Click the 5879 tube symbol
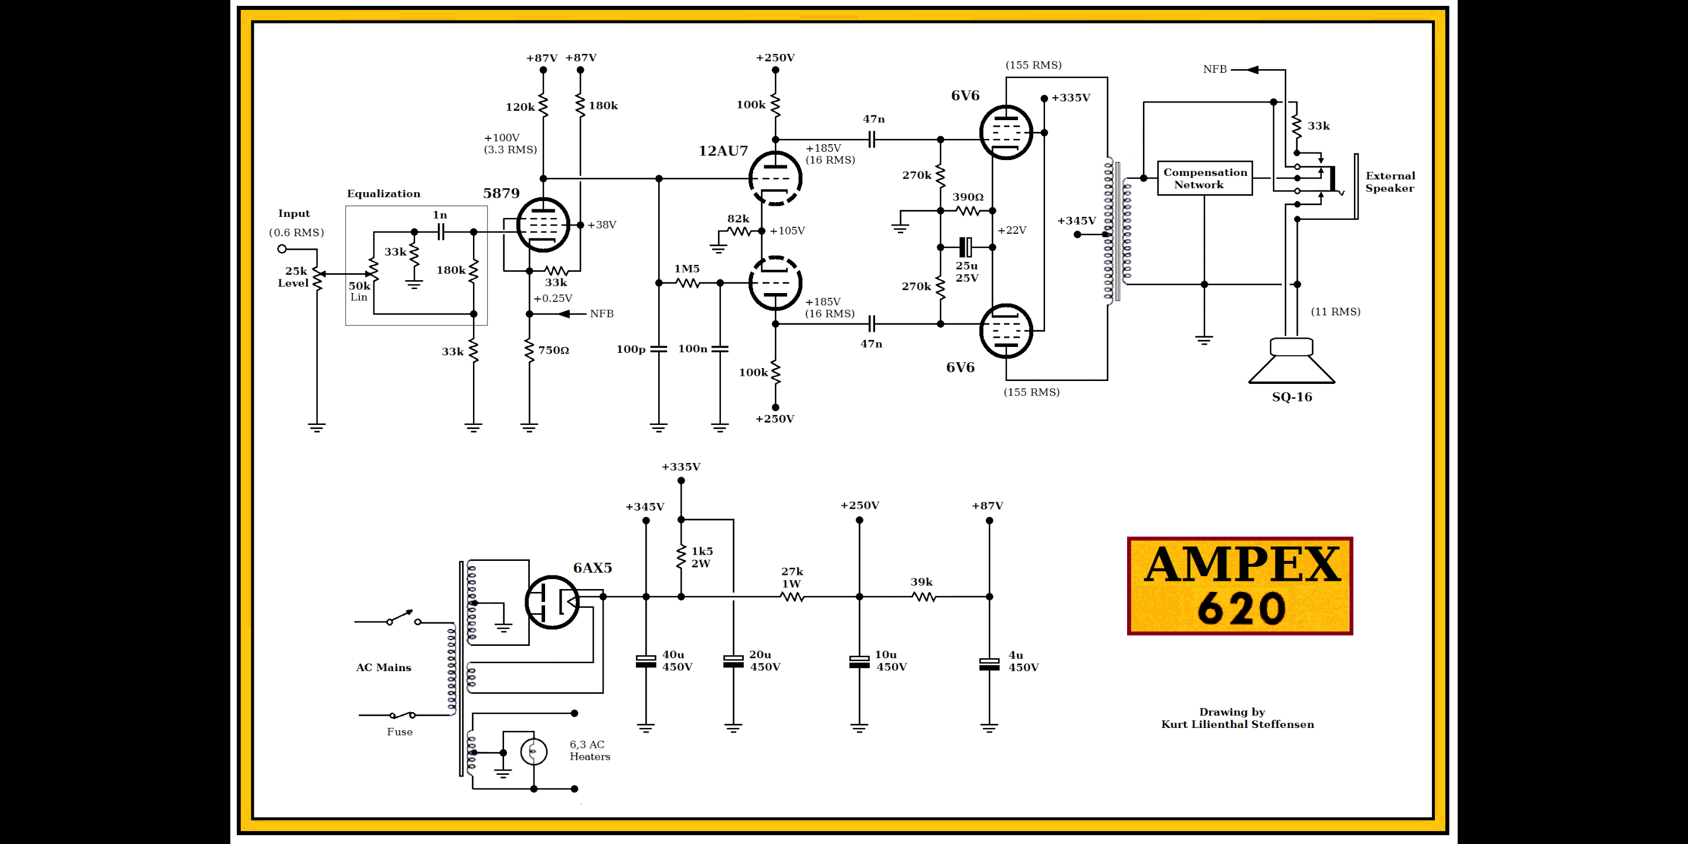click(x=543, y=224)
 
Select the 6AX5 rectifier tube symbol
click(x=552, y=601)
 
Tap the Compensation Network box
click(x=1204, y=178)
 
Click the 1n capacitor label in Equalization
click(x=440, y=215)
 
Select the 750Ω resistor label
click(x=553, y=350)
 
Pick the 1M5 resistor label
click(x=687, y=268)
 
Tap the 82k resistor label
click(x=738, y=219)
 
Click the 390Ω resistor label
click(x=967, y=196)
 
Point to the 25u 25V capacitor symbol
click(x=966, y=247)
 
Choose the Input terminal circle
click(x=282, y=249)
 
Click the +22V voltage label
click(x=1012, y=230)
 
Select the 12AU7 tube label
click(x=723, y=151)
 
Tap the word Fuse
click(x=399, y=732)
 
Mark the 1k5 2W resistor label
click(x=702, y=557)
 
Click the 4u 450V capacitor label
click(x=1023, y=661)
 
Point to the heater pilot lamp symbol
click(x=533, y=751)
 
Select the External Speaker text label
click(x=1390, y=182)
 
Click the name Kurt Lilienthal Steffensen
click(x=1237, y=724)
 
